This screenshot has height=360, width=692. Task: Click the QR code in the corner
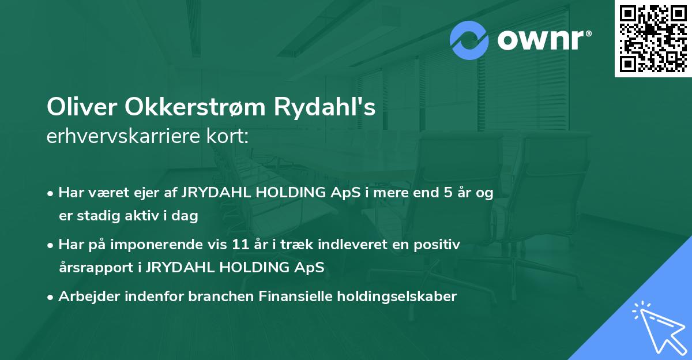653,39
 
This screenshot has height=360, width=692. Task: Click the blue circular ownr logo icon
469,40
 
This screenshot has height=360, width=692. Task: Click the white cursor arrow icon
657,326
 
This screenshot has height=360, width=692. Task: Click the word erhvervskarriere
121,137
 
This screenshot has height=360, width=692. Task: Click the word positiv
441,245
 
